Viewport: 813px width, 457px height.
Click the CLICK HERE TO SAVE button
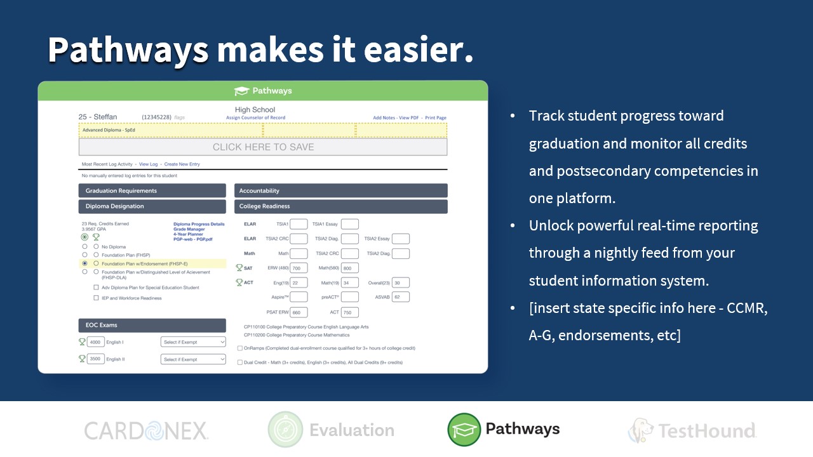coord(263,147)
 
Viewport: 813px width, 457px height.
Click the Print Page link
coord(436,118)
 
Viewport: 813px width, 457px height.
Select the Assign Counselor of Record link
coord(255,118)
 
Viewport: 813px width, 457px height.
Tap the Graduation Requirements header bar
coord(152,190)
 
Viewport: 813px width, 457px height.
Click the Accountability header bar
coord(340,190)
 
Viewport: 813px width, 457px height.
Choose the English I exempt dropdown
coord(193,342)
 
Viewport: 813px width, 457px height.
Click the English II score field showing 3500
coord(95,359)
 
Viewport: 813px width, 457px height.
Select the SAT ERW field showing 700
coord(299,268)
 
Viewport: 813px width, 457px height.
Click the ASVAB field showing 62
coord(401,297)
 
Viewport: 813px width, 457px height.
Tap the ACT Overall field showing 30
coord(401,282)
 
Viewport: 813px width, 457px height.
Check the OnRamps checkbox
coord(239,348)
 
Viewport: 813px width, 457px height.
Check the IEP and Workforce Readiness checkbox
coord(96,298)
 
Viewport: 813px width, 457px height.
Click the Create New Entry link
coord(182,164)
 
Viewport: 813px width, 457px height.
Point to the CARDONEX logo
coord(146,431)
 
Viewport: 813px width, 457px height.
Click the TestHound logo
coord(692,431)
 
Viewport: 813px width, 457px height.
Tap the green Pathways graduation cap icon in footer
coord(464,430)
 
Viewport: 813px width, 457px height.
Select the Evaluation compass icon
coord(285,430)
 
